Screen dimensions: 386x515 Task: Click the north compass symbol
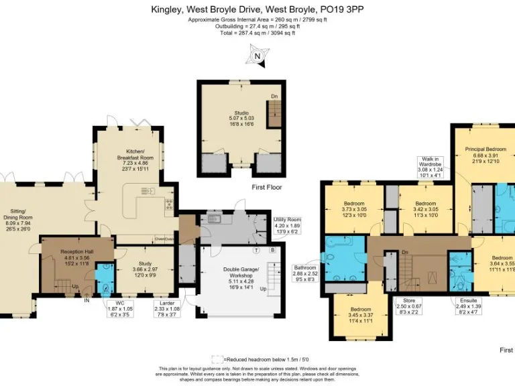click(257, 56)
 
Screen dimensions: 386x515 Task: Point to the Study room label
click(146, 268)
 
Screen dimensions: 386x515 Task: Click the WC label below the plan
click(117, 308)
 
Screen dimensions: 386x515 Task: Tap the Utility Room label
click(287, 225)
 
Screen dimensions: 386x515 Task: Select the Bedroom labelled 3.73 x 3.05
click(353, 208)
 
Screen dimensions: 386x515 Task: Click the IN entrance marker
click(87, 300)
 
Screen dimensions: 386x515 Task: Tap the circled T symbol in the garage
click(256, 250)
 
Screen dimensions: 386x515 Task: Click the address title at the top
click(257, 10)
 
